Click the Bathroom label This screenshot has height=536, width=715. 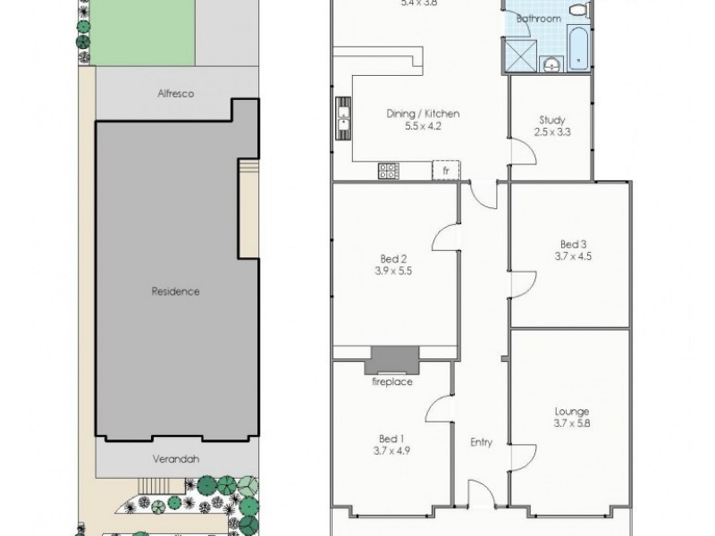542,18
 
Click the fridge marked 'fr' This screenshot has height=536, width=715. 444,169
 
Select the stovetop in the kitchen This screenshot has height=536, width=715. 390,170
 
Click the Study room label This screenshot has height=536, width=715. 551,121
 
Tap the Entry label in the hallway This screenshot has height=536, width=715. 483,442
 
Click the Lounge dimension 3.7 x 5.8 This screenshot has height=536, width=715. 571,424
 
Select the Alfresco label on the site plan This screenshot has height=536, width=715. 176,93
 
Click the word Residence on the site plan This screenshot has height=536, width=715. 175,291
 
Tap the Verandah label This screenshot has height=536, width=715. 176,459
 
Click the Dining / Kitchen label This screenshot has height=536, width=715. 423,113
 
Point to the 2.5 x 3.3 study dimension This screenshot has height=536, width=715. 551,132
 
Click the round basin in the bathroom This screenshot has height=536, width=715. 551,63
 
